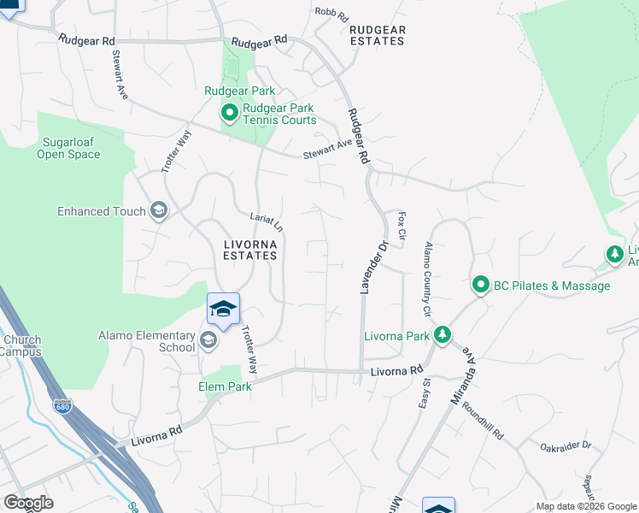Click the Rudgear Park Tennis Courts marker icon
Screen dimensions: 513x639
pos(229,113)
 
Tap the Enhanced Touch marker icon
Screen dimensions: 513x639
pos(158,211)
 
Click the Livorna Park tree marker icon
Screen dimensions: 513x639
pos(442,335)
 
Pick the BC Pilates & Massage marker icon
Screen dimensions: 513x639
pos(480,286)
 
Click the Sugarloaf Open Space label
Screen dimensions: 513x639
pos(68,148)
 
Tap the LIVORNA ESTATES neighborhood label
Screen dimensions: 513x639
pos(250,249)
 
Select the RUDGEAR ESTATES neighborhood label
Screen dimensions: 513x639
pos(378,35)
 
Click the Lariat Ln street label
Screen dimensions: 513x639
pos(266,222)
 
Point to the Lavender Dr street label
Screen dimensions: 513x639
pos(372,268)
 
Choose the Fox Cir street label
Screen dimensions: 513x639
pos(401,224)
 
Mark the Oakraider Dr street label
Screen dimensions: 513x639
pos(566,445)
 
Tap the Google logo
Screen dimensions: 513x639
pos(28,503)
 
